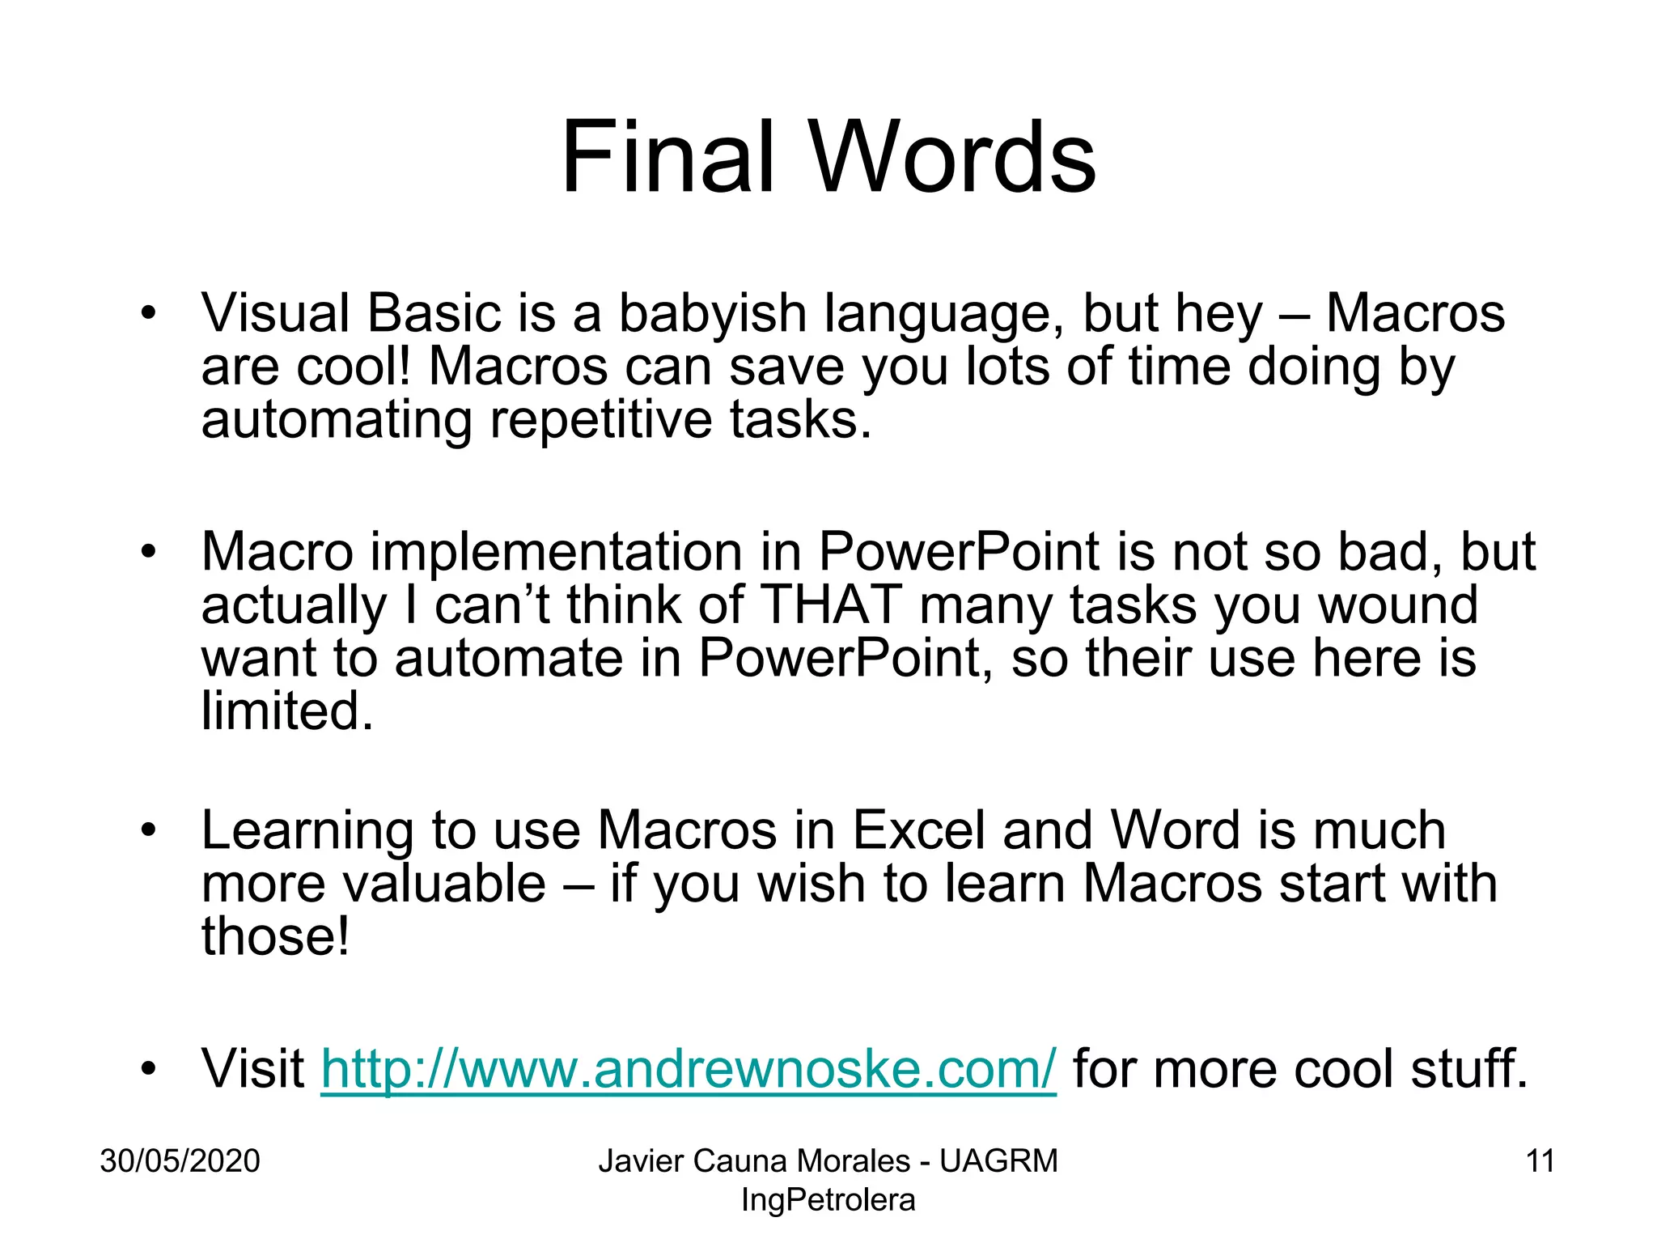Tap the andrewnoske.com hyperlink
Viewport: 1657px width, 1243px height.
[x=689, y=1069]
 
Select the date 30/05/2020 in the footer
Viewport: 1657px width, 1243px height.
[x=180, y=1160]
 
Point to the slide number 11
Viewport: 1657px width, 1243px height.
[x=1540, y=1160]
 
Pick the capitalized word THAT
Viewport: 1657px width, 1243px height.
[x=832, y=605]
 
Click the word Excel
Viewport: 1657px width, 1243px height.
[x=919, y=830]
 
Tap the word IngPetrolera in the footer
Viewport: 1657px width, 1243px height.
[x=828, y=1199]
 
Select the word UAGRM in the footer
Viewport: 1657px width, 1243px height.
[x=998, y=1160]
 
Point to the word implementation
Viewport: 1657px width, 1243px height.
[x=557, y=552]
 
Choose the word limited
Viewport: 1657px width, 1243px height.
[x=287, y=711]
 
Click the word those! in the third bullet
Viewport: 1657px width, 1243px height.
[x=275, y=936]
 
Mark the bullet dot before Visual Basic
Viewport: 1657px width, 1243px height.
[x=146, y=314]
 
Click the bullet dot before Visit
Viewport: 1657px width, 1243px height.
[x=146, y=1069]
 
